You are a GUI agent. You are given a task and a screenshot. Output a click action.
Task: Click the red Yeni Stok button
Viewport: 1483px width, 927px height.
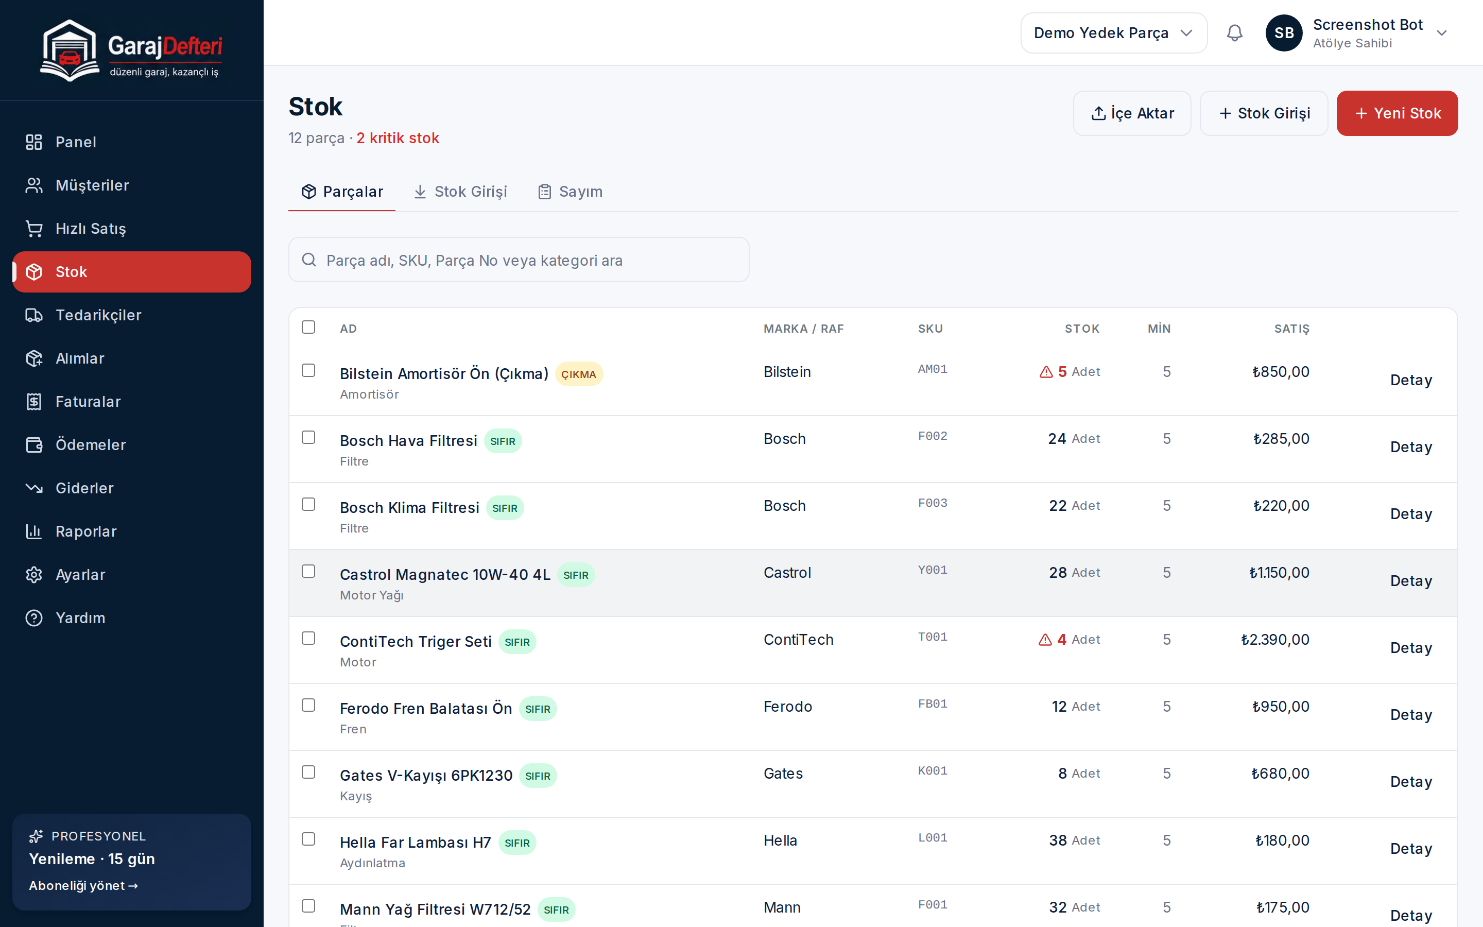coord(1396,113)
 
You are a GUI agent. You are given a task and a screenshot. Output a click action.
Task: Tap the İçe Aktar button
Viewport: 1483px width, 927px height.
coord(1132,113)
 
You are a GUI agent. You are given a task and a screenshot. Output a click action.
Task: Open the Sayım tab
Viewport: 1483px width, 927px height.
coord(570,192)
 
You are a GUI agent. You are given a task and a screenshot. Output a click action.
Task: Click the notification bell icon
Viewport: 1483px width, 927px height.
coord(1234,33)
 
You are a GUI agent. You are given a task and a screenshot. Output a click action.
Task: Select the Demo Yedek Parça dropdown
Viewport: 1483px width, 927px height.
coord(1113,33)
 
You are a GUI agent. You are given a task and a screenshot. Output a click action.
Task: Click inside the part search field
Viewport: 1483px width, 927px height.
coord(519,260)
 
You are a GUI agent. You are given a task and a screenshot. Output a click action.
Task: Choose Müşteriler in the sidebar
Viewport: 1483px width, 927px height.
coord(92,185)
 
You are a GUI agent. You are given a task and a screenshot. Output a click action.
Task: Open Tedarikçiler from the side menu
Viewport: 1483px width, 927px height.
coord(98,315)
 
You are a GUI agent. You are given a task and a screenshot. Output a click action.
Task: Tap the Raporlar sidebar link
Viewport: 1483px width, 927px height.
coord(86,531)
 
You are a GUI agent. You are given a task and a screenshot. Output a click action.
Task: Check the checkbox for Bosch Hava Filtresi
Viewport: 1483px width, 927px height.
coord(308,437)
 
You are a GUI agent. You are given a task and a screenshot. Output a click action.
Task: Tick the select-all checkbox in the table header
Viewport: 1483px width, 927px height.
coord(308,327)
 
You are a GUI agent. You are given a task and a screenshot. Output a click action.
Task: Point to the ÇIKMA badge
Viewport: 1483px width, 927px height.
coord(578,374)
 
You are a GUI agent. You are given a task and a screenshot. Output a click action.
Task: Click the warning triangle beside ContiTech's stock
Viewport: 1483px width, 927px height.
coord(1045,640)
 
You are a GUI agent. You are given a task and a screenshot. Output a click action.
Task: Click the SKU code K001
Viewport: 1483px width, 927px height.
coord(932,770)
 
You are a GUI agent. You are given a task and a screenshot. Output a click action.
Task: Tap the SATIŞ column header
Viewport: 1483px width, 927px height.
coord(1291,329)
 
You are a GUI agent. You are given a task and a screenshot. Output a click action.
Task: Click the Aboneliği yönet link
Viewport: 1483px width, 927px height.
coord(83,885)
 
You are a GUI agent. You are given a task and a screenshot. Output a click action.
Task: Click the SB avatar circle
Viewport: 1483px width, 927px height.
coord(1284,33)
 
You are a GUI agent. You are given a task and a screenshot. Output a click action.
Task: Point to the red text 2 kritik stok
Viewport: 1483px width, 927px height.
coord(398,138)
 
